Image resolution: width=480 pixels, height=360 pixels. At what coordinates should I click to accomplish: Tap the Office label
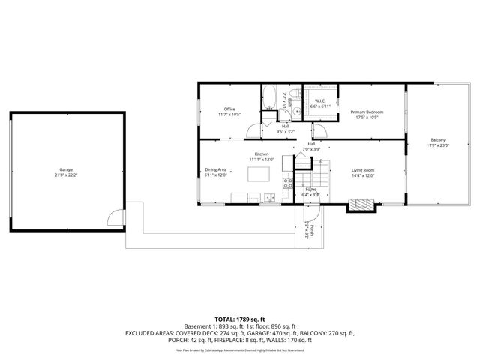coord(229,109)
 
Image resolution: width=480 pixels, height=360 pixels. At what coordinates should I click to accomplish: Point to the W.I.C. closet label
coord(319,101)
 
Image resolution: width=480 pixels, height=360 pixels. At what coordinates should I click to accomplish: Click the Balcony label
coord(438,140)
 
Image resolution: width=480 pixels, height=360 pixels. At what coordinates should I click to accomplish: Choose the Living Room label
coord(363,170)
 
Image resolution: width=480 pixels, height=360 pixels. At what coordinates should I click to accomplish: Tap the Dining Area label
coord(216,170)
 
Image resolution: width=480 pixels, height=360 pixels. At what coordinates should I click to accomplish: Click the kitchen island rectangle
coord(259,175)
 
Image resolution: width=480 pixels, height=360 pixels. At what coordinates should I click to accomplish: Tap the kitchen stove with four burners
coord(286,183)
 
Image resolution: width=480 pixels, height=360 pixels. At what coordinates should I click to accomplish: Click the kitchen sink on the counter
coord(268,198)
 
